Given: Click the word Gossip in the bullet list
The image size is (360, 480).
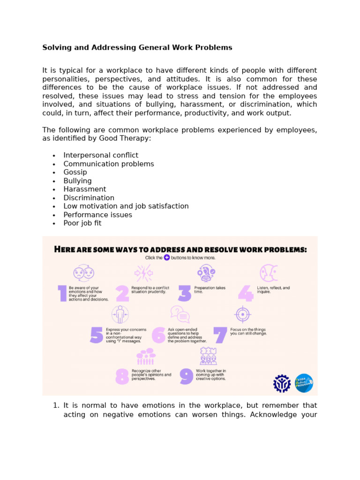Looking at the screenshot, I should pyautogui.click(x=75, y=172).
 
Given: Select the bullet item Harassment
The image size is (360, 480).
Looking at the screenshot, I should pyautogui.click(x=84, y=189).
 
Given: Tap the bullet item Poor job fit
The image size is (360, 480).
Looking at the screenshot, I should pyautogui.click(x=82, y=223).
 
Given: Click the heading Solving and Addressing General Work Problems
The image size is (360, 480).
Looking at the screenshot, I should pyautogui.click(x=137, y=47).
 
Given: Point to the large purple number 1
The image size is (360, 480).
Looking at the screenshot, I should pyautogui.click(x=62, y=293).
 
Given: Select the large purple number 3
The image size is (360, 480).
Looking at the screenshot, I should pyautogui.click(x=185, y=293).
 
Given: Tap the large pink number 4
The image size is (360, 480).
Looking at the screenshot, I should pyautogui.click(x=245, y=293).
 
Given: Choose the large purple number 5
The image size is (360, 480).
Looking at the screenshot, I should pyautogui.click(x=96, y=335).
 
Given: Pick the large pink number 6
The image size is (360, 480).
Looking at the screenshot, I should pyautogui.click(x=159, y=335).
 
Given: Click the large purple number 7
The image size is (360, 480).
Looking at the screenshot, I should pyautogui.click(x=220, y=335).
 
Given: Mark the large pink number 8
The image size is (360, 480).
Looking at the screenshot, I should pyautogui.click(x=122, y=376).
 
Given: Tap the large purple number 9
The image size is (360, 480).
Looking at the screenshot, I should pyautogui.click(x=186, y=376).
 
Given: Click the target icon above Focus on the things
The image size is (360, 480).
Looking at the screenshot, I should pyautogui.click(x=242, y=314).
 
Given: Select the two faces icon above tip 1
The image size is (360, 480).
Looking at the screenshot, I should pyautogui.click(x=83, y=273).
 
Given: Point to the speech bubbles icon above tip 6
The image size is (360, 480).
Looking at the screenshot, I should pyautogui.click(x=180, y=314).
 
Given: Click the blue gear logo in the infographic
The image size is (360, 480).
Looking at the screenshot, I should pyautogui.click(x=282, y=383).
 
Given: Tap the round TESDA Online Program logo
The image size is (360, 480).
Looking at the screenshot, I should pyautogui.click(x=304, y=383).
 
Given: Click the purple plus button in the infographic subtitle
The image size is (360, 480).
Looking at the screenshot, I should pyautogui.click(x=166, y=258).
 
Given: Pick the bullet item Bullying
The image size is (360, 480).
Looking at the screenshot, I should pyautogui.click(x=77, y=180).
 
